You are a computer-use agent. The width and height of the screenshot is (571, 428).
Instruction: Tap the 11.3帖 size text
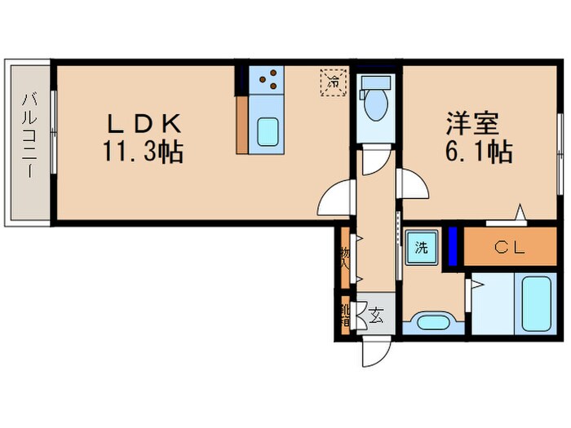[x=142, y=152]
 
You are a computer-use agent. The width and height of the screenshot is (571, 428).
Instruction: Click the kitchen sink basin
[x=268, y=130]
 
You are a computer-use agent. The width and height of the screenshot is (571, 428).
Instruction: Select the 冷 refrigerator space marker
[x=333, y=81]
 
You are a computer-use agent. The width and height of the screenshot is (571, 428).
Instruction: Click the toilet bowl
[x=376, y=104]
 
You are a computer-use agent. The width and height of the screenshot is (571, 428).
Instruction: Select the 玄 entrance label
[x=377, y=312]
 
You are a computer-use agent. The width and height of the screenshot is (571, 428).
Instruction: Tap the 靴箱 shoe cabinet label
[x=345, y=315]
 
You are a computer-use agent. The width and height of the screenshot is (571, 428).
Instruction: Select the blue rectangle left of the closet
[x=453, y=245]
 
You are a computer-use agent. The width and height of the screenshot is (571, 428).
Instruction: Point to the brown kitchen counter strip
[x=242, y=124]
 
